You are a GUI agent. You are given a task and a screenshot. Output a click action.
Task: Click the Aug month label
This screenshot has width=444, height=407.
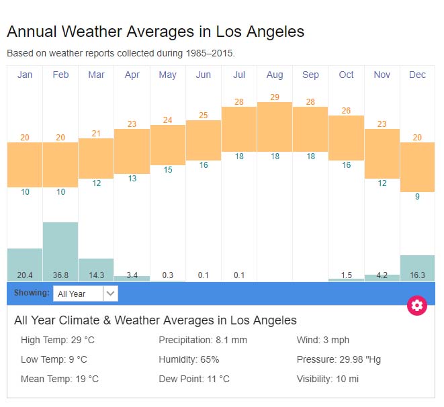tap(275, 75)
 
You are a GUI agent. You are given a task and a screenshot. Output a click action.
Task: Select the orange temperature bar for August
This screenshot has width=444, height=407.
tap(275, 127)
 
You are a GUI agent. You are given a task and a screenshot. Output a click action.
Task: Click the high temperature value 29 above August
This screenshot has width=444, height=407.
tap(275, 97)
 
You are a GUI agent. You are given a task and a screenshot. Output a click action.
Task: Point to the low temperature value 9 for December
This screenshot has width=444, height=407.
tap(417, 197)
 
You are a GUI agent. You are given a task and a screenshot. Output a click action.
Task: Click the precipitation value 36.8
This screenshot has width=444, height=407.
tap(60, 275)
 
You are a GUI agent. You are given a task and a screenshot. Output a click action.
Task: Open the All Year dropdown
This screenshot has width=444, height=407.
tap(85, 293)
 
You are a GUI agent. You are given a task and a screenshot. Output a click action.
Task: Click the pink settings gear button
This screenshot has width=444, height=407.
tap(417, 306)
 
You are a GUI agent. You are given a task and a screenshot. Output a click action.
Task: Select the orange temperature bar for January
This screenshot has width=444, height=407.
tap(25, 165)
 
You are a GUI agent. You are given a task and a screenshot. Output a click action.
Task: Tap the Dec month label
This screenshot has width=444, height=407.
tap(417, 75)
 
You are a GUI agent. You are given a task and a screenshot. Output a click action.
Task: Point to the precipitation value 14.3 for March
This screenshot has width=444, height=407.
tap(96, 275)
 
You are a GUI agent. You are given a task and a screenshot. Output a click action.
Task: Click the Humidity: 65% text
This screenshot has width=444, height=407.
tap(189, 359)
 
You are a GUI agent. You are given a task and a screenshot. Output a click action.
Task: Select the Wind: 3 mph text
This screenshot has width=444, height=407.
tap(323, 340)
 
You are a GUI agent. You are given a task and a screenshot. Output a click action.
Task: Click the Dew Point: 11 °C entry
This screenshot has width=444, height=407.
tap(194, 379)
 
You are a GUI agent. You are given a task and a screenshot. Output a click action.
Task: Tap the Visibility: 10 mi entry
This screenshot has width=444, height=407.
tap(328, 379)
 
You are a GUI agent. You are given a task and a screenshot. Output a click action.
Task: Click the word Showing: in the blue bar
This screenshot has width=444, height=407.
tap(32, 293)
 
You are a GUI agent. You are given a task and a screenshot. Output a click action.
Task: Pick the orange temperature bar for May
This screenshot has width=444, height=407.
tap(168, 144)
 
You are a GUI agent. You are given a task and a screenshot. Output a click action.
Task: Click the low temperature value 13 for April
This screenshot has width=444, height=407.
tap(132, 179)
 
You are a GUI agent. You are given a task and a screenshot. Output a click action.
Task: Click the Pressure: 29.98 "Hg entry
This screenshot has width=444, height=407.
tap(339, 359)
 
